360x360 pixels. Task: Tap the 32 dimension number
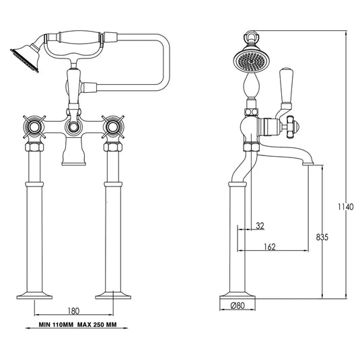(260, 226)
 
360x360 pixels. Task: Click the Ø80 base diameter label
(237, 306)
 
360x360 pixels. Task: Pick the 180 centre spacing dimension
(74, 311)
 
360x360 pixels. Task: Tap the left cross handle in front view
(34, 126)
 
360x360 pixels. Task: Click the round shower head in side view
(249, 62)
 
